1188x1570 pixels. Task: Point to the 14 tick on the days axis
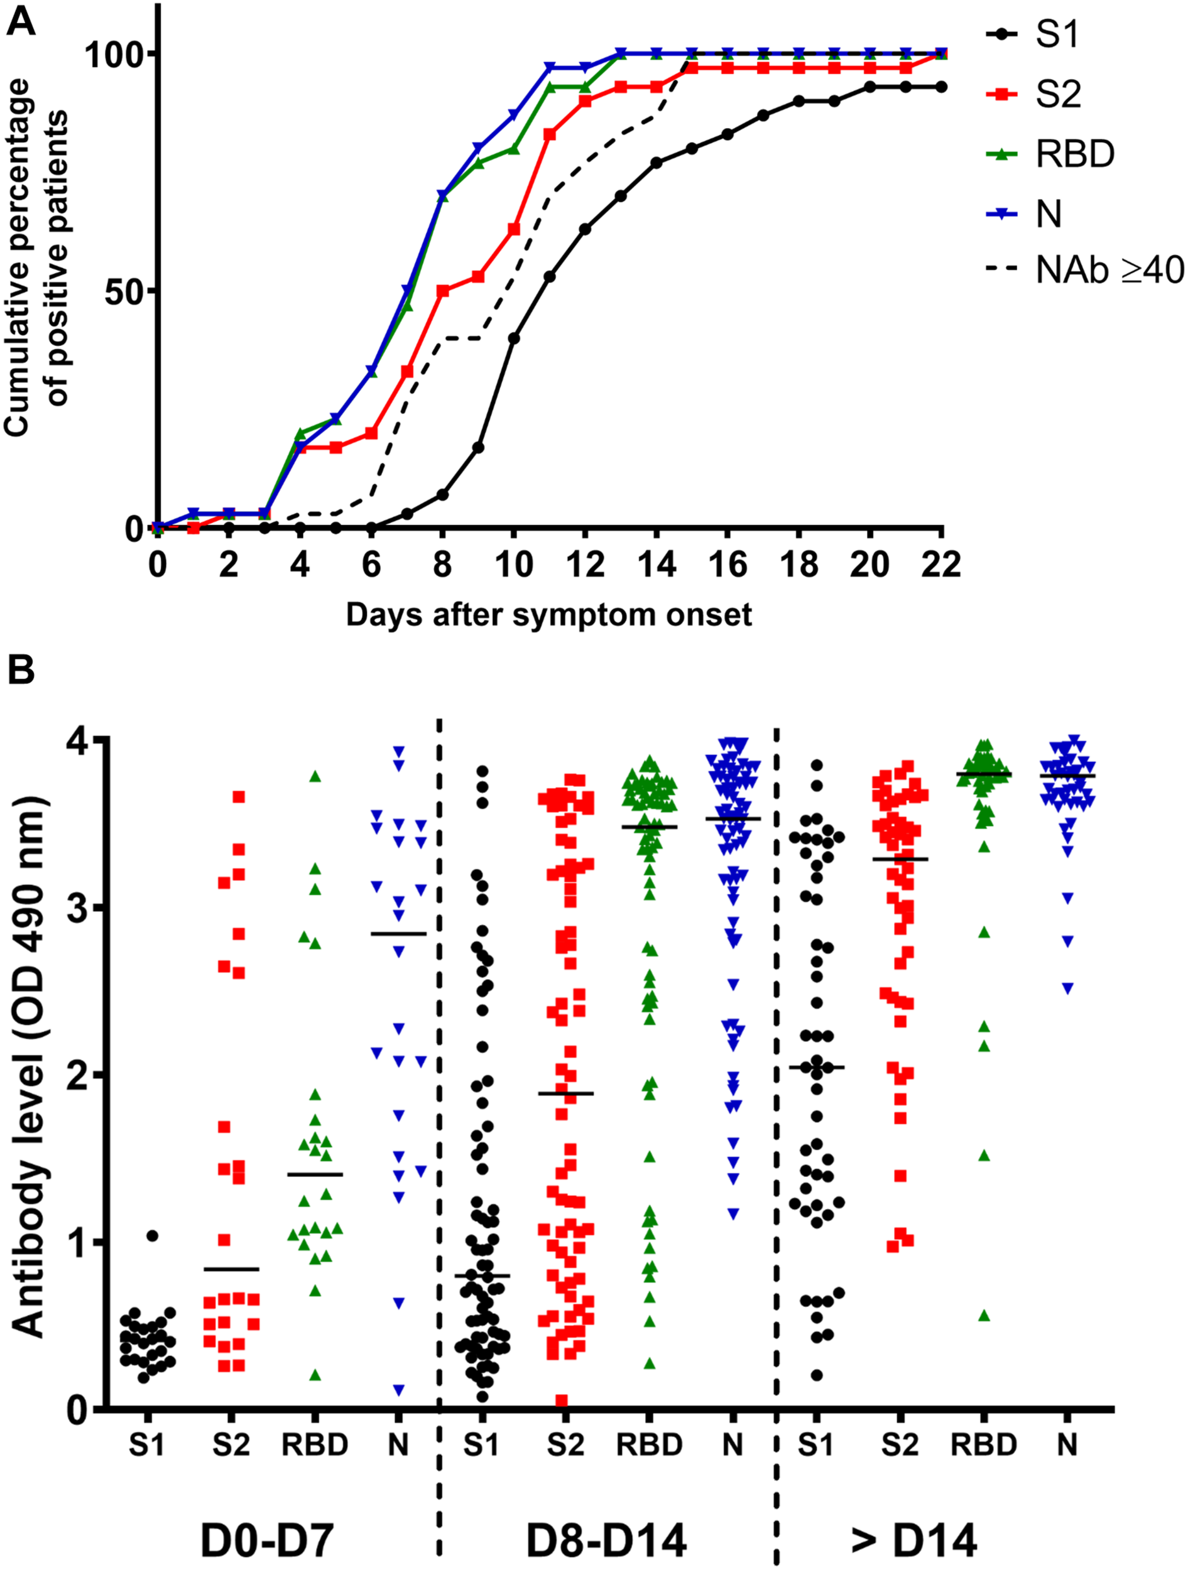click(x=657, y=565)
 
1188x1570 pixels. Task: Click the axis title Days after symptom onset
click(x=548, y=615)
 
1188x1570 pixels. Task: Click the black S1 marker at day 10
click(x=513, y=338)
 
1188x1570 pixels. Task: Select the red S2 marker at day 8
click(x=442, y=291)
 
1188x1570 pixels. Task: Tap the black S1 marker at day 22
click(x=942, y=87)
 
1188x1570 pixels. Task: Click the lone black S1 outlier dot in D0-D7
click(x=152, y=1236)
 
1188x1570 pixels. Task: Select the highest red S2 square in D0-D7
click(x=239, y=797)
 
